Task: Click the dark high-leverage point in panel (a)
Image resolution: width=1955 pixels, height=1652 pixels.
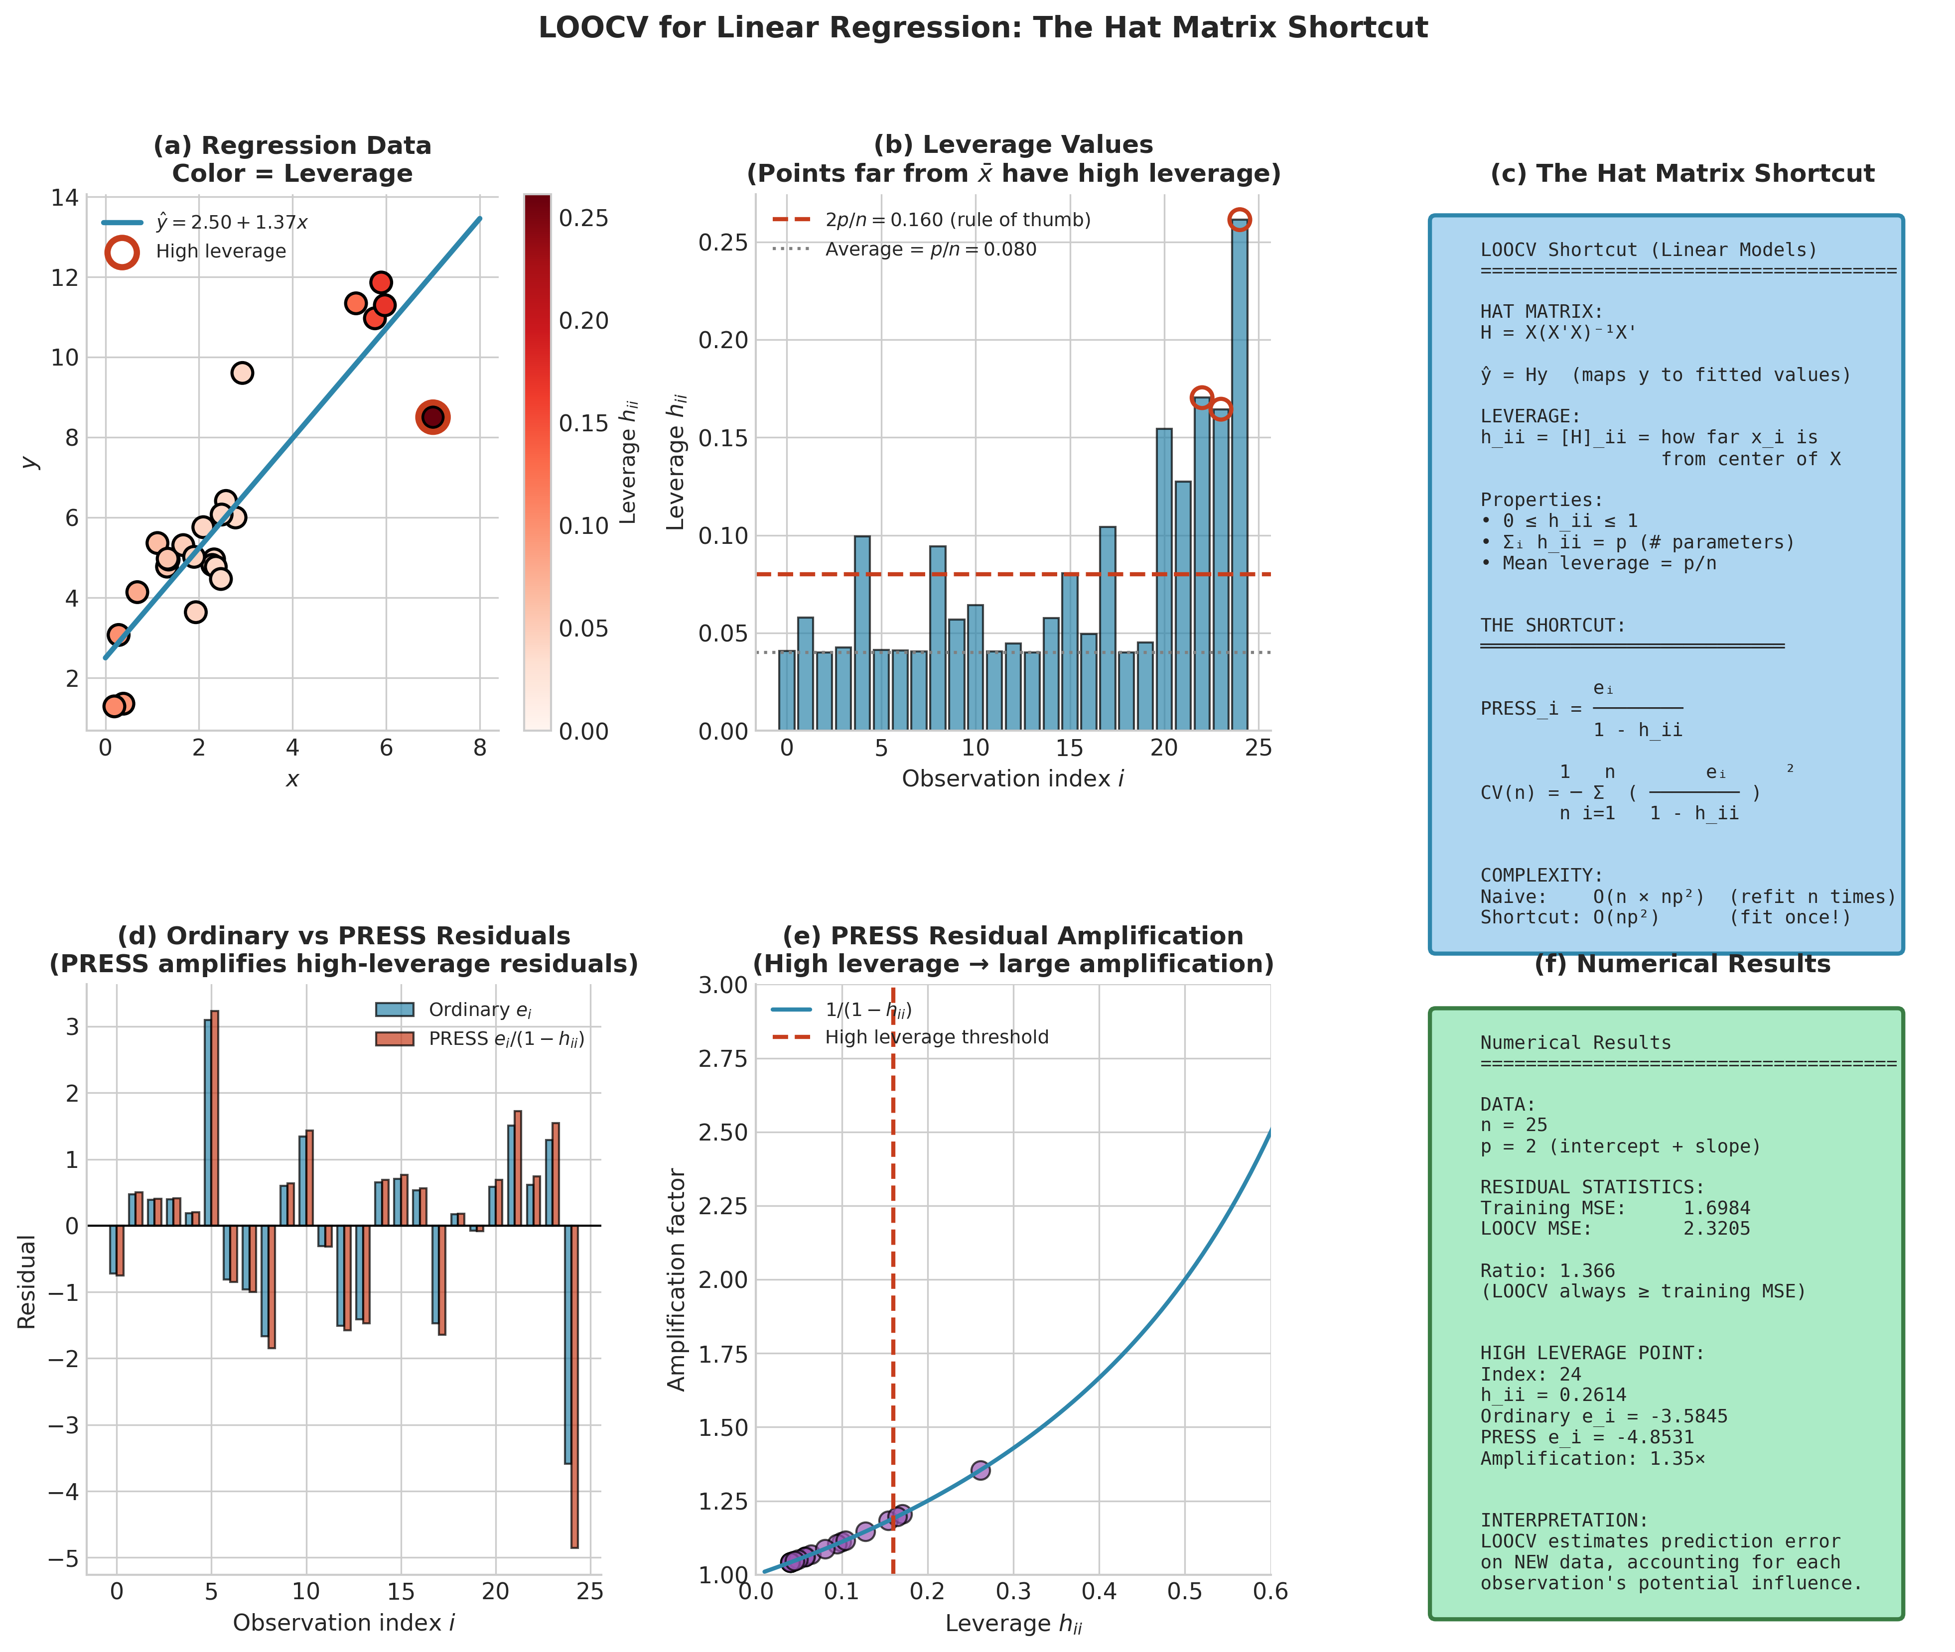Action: click(432, 417)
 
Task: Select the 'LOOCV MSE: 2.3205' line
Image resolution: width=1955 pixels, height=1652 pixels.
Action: click(1614, 1229)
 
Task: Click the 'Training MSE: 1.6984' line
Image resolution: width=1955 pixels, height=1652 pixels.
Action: click(1614, 1208)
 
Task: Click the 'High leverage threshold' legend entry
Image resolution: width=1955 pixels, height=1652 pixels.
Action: click(936, 1037)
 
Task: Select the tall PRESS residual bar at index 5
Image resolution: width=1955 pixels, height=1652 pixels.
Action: click(215, 1118)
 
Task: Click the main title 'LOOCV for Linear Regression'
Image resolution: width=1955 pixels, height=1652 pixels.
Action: click(982, 28)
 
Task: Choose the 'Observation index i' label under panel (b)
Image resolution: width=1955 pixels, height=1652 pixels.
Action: click(1013, 779)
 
